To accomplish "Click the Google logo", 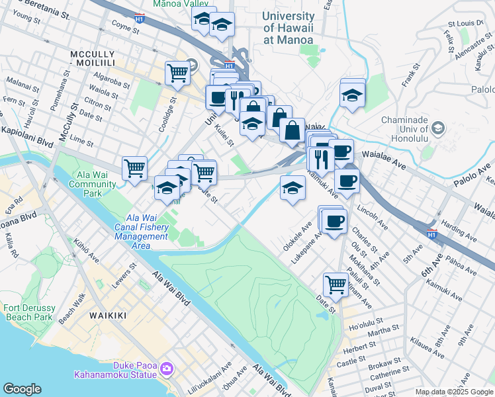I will coord(22,389).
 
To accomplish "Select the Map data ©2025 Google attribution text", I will coord(453,392).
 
